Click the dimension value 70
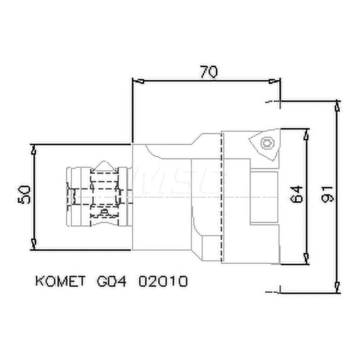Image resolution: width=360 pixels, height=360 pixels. (208, 72)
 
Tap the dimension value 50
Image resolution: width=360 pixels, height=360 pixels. (24, 195)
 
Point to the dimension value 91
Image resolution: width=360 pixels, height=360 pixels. (327, 194)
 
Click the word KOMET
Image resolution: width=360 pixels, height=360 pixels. (60, 281)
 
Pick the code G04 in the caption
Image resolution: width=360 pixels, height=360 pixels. (112, 281)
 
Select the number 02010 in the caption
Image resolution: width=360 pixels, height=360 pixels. (163, 281)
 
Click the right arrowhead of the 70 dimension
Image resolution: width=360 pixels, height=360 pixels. (275, 81)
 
